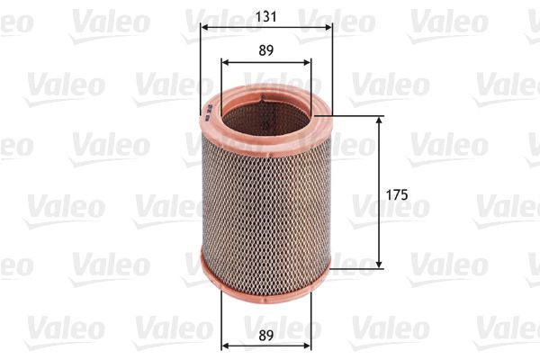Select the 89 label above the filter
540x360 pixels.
(x=265, y=51)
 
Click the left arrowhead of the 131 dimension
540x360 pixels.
(x=202, y=27)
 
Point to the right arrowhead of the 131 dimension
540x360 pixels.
(x=329, y=27)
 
